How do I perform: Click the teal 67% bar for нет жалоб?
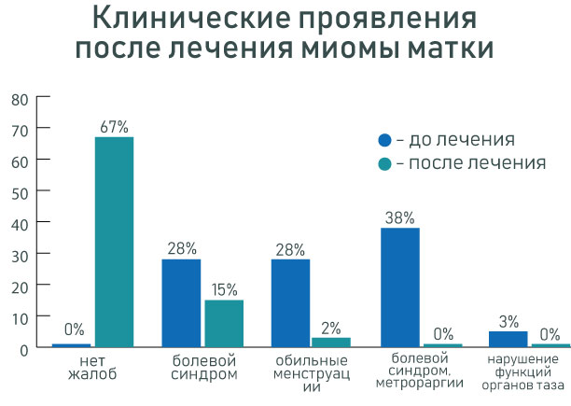(114, 242)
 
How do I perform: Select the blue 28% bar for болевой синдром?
(181, 302)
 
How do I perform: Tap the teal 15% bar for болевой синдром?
(224, 323)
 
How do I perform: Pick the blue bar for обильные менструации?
(290, 302)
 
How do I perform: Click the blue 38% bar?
(400, 287)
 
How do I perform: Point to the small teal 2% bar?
(331, 343)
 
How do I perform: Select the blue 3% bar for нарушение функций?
(508, 339)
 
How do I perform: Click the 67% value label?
(114, 126)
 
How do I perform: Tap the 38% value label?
(399, 217)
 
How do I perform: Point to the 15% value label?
(225, 288)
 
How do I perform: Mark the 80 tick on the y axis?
(20, 96)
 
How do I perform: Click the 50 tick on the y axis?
(20, 190)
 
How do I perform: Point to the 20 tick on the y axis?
(20, 285)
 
